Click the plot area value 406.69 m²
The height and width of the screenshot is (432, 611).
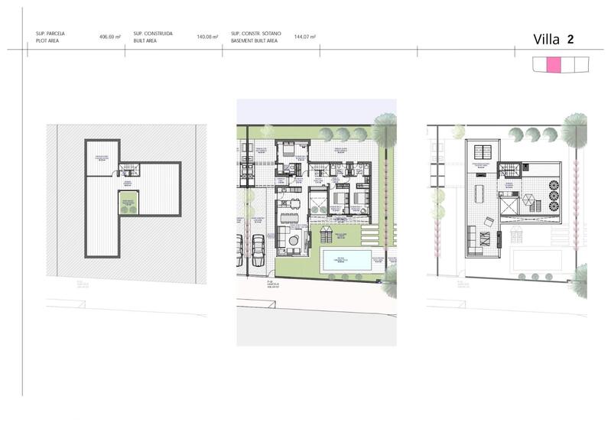(x=110, y=37)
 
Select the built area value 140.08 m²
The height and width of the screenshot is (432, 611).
(x=207, y=37)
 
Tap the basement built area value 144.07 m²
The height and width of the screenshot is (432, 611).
(x=305, y=37)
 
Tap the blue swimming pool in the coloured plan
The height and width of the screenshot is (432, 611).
(x=346, y=259)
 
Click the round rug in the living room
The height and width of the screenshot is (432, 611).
(x=294, y=242)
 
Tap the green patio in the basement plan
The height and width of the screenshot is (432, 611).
(x=128, y=204)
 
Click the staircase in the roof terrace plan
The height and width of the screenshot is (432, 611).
(x=508, y=170)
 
